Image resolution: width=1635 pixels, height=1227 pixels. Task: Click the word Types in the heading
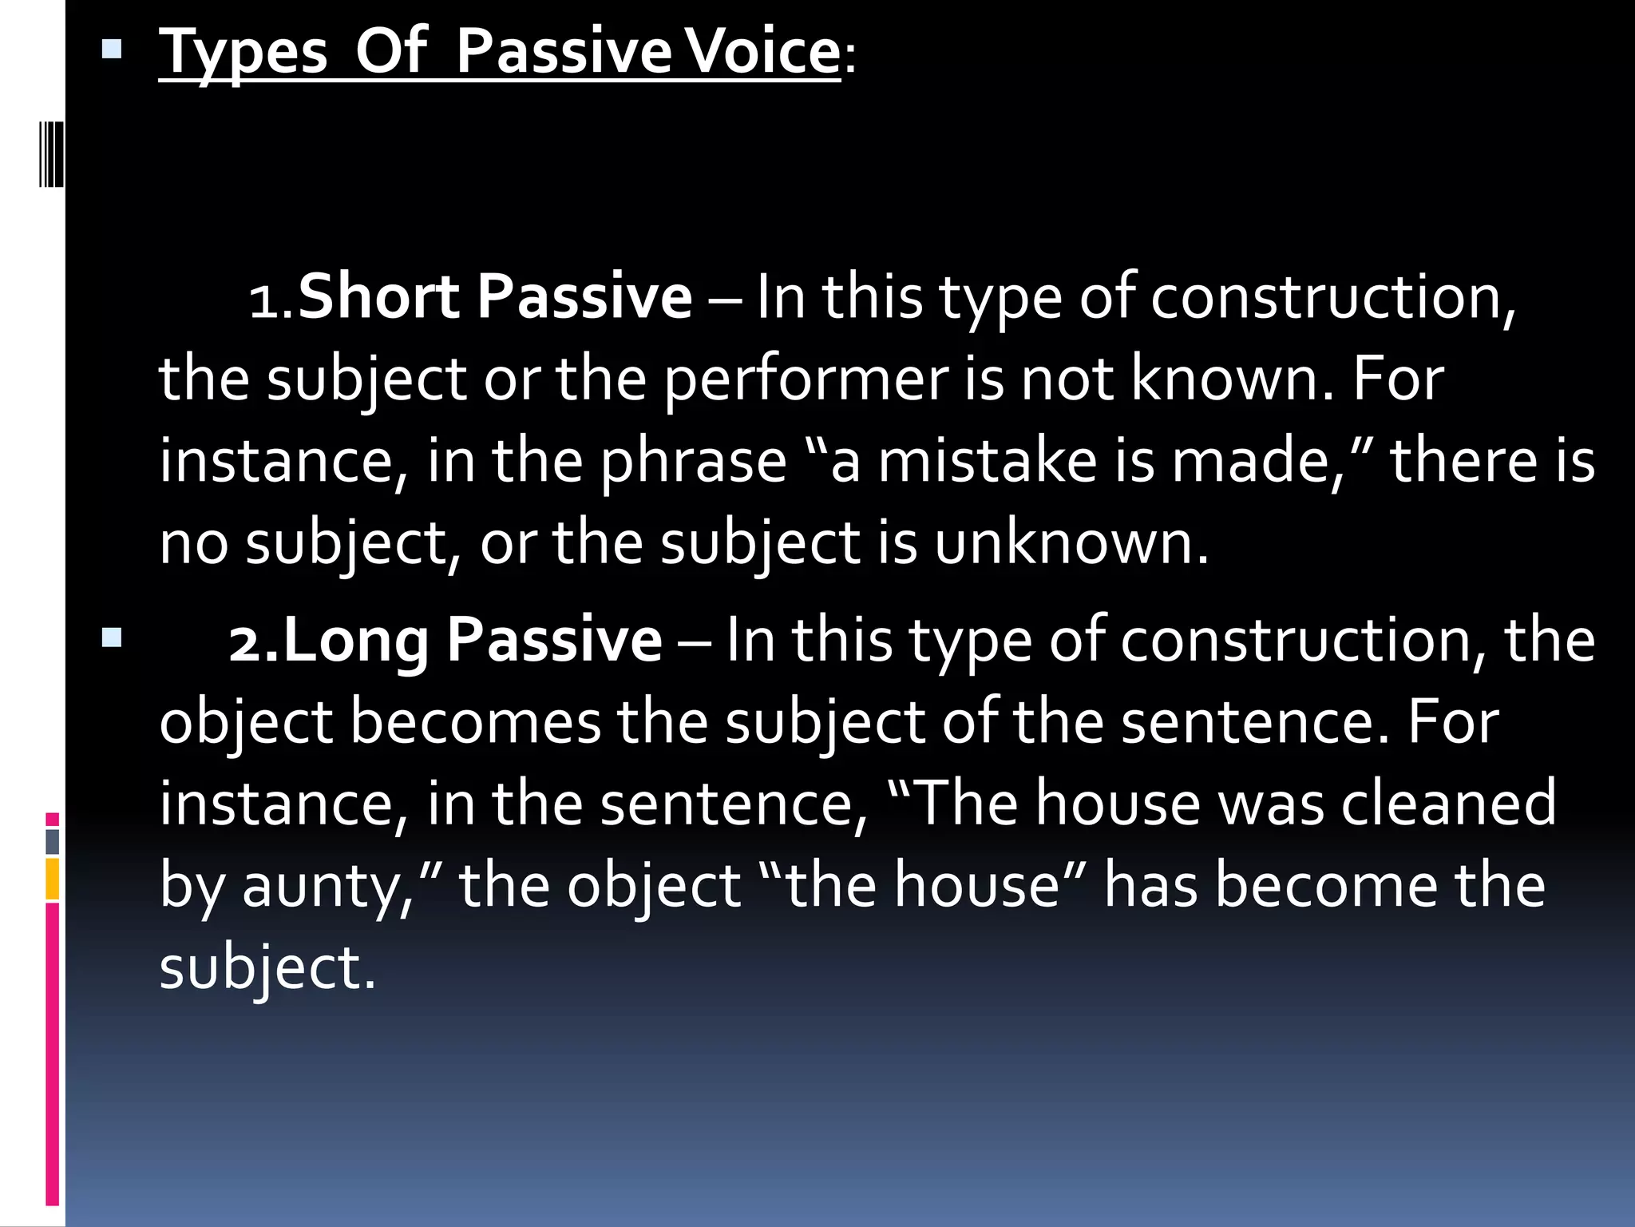[243, 53]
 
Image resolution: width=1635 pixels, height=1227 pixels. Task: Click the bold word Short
[379, 296]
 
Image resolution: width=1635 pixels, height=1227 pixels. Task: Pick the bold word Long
[356, 640]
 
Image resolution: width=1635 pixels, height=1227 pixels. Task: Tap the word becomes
[476, 722]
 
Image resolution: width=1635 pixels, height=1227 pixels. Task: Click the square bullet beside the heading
[112, 52]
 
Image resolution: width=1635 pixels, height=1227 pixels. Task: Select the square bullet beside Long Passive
[112, 637]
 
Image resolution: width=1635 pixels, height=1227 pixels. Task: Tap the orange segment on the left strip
[52, 879]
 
